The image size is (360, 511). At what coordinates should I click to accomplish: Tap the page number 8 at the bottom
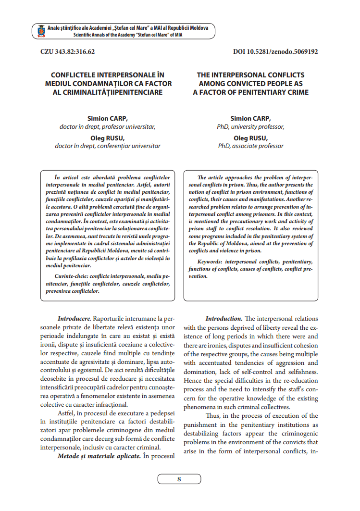point(179,479)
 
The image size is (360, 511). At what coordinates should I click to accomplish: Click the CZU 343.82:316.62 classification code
point(68,52)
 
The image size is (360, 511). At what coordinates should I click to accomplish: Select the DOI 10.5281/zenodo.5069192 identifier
point(275,52)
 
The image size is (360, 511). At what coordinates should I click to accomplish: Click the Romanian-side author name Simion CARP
point(108,118)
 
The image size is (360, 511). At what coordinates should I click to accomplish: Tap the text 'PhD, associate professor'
point(250,146)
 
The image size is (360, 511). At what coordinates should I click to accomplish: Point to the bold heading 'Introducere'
point(74,318)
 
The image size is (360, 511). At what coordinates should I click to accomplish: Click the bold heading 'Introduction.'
point(223,318)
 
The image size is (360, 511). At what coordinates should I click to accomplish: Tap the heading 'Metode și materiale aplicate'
point(99,455)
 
